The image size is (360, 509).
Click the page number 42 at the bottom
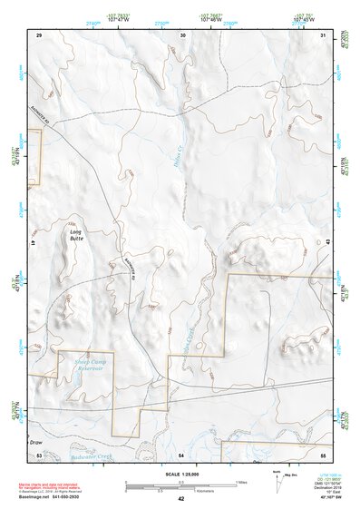pyautogui.click(x=180, y=499)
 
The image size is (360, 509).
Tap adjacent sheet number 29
pyautogui.click(x=39, y=34)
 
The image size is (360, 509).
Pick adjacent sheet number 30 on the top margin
pyautogui.click(x=182, y=34)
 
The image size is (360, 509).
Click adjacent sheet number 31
pyautogui.click(x=324, y=34)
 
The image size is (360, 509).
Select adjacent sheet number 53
pyautogui.click(x=39, y=454)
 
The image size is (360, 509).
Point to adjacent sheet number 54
pyautogui.click(x=181, y=454)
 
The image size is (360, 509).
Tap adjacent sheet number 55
pyautogui.click(x=323, y=454)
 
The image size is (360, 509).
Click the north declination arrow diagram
pyautogui.click(x=277, y=477)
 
